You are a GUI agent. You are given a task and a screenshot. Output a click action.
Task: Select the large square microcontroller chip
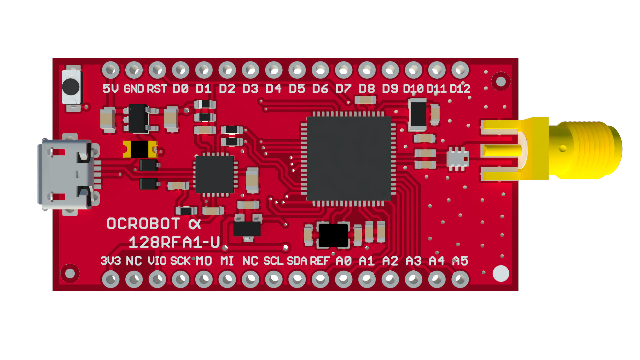[x=349, y=159]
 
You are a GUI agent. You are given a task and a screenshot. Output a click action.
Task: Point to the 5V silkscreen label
[x=110, y=89]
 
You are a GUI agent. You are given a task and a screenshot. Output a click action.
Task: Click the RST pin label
[x=157, y=89]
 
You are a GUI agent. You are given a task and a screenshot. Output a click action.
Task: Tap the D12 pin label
[x=460, y=89]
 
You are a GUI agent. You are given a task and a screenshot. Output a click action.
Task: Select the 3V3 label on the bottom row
[x=110, y=261]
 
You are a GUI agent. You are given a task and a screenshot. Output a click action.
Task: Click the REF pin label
[x=320, y=261]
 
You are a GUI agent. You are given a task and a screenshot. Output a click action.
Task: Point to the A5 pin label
[x=460, y=261]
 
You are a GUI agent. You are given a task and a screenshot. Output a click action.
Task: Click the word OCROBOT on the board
[x=143, y=224]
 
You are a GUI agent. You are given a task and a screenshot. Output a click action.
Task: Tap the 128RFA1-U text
[x=174, y=242]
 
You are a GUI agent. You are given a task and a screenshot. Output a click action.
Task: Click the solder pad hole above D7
[x=344, y=70]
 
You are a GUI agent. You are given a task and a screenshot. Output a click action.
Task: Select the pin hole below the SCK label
[x=181, y=279]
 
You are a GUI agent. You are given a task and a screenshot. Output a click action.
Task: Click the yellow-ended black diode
[x=140, y=149]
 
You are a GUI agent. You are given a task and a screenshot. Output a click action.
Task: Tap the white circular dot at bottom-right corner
[x=501, y=273]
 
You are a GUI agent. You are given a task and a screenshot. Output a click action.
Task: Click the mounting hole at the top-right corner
[x=501, y=82]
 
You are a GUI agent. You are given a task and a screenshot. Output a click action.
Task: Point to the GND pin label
[x=134, y=89]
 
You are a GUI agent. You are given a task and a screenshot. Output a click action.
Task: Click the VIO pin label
[x=157, y=261]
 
